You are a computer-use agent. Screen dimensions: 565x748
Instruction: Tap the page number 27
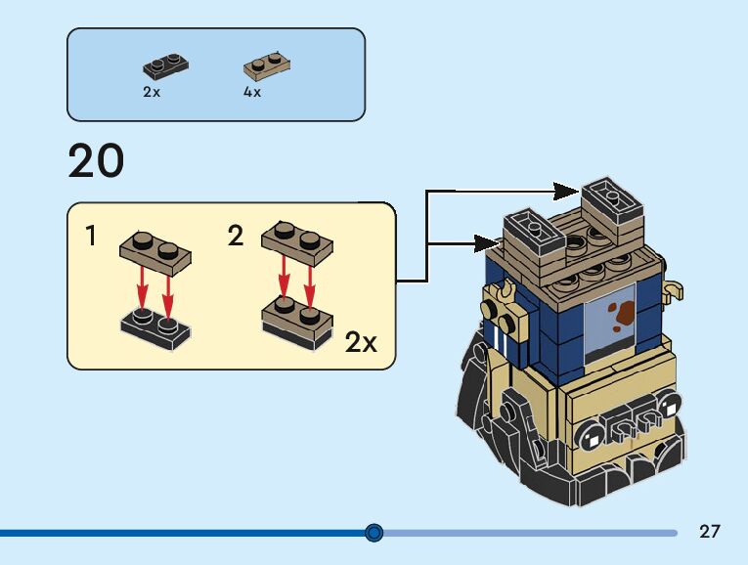click(710, 532)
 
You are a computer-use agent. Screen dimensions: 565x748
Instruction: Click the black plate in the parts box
click(165, 66)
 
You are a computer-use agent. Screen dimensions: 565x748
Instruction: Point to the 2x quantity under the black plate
click(152, 93)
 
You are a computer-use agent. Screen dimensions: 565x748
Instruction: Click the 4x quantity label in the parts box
click(252, 93)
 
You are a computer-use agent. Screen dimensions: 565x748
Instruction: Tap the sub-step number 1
click(90, 236)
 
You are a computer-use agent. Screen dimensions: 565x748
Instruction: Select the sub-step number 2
click(236, 236)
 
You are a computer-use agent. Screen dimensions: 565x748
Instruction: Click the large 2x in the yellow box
click(361, 342)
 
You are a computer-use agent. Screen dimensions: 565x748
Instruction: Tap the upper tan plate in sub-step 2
click(297, 245)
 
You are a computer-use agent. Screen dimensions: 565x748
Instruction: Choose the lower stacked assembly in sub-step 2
click(297, 322)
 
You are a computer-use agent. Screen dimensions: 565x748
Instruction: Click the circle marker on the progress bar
click(374, 533)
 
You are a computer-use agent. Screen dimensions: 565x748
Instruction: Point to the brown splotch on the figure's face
click(620, 312)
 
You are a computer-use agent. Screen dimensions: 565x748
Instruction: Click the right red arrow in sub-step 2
click(310, 281)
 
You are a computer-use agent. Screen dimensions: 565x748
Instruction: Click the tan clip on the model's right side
click(673, 289)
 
